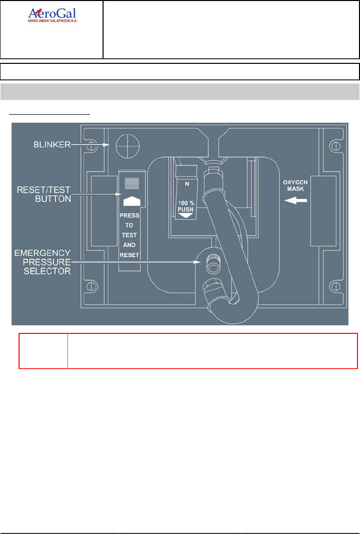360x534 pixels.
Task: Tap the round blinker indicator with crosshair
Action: [126, 146]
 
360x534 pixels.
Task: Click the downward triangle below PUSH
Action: [186, 216]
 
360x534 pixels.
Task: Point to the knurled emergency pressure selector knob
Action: [212, 261]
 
